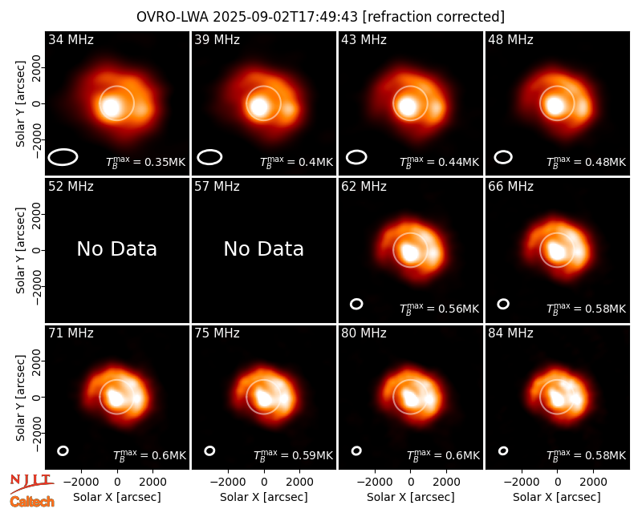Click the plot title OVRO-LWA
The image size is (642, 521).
point(173,17)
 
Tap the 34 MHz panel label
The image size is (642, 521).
point(71,39)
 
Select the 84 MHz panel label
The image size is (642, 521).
point(510,333)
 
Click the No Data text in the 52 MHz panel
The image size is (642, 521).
point(116,248)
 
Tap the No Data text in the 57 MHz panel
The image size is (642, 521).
point(264,248)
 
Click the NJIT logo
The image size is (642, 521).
point(31,483)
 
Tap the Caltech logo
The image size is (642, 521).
point(32,502)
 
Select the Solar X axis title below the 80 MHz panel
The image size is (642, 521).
point(411,497)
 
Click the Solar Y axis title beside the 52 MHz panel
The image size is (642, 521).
point(21,250)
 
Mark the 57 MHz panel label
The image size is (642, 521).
point(217,187)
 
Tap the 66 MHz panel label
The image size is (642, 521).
point(510,187)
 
